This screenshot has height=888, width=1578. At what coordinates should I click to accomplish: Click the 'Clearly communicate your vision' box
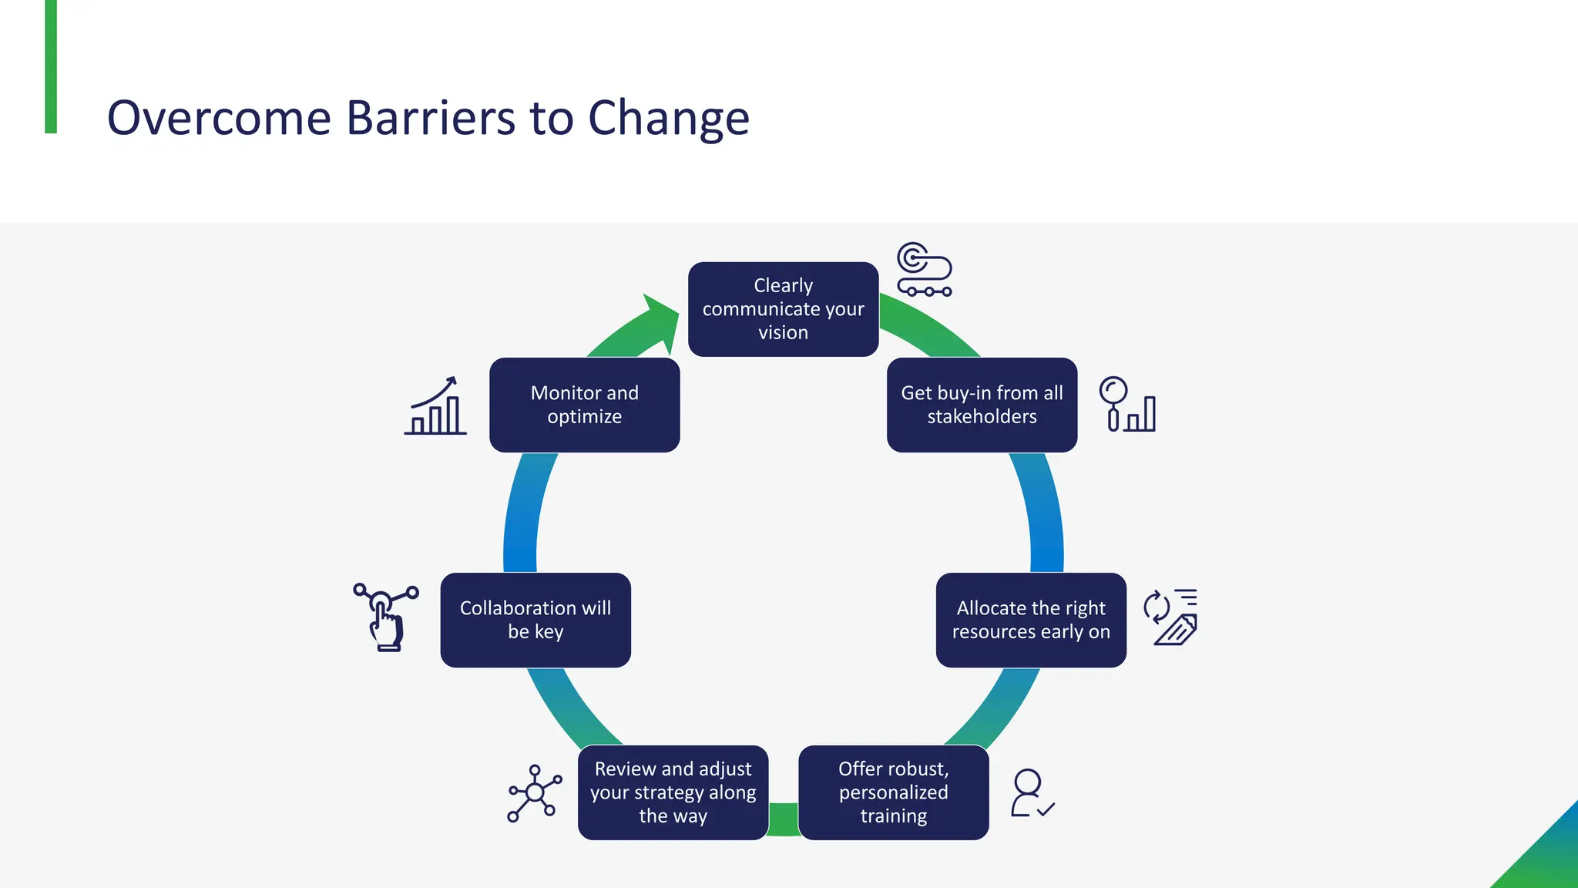click(x=783, y=309)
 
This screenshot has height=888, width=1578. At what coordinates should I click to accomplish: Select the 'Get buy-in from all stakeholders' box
click(x=982, y=405)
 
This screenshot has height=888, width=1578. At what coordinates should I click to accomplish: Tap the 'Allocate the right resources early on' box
click(x=1031, y=620)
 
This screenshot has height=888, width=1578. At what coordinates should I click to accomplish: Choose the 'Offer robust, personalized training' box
click(x=893, y=792)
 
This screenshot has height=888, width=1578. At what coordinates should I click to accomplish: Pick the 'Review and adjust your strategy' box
click(x=673, y=792)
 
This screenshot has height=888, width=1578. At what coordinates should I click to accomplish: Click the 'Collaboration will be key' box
click(x=536, y=620)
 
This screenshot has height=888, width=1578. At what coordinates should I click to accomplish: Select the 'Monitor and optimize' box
click(x=584, y=405)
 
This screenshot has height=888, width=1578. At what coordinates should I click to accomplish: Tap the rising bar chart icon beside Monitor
click(x=435, y=406)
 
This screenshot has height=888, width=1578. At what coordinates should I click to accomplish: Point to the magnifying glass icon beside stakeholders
click(x=1114, y=392)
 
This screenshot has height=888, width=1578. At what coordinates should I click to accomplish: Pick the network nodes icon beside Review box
click(x=534, y=793)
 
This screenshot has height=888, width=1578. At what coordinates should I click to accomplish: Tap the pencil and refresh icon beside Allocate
click(x=1171, y=617)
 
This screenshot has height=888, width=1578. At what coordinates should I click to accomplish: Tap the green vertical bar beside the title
click(x=51, y=66)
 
